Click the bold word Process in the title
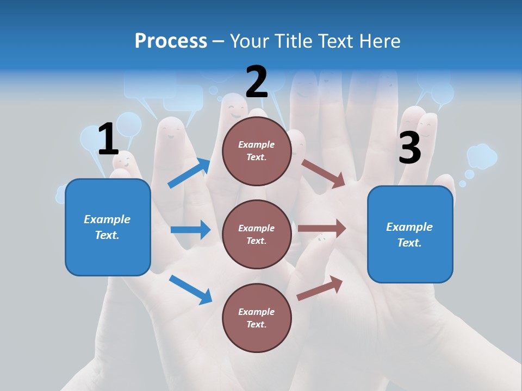click(x=171, y=41)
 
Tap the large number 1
click(x=108, y=140)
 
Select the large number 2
click(x=257, y=82)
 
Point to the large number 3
click(x=409, y=148)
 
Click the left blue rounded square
click(x=108, y=227)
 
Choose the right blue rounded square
click(x=410, y=234)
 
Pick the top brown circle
click(x=257, y=151)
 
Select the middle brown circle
click(x=257, y=234)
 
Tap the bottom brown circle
click(x=257, y=318)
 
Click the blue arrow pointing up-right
click(x=189, y=173)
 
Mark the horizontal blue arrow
click(x=190, y=230)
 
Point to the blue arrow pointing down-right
click(x=190, y=289)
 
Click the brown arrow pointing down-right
click(x=324, y=173)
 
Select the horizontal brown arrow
click(x=322, y=229)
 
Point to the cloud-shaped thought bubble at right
click(x=482, y=156)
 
